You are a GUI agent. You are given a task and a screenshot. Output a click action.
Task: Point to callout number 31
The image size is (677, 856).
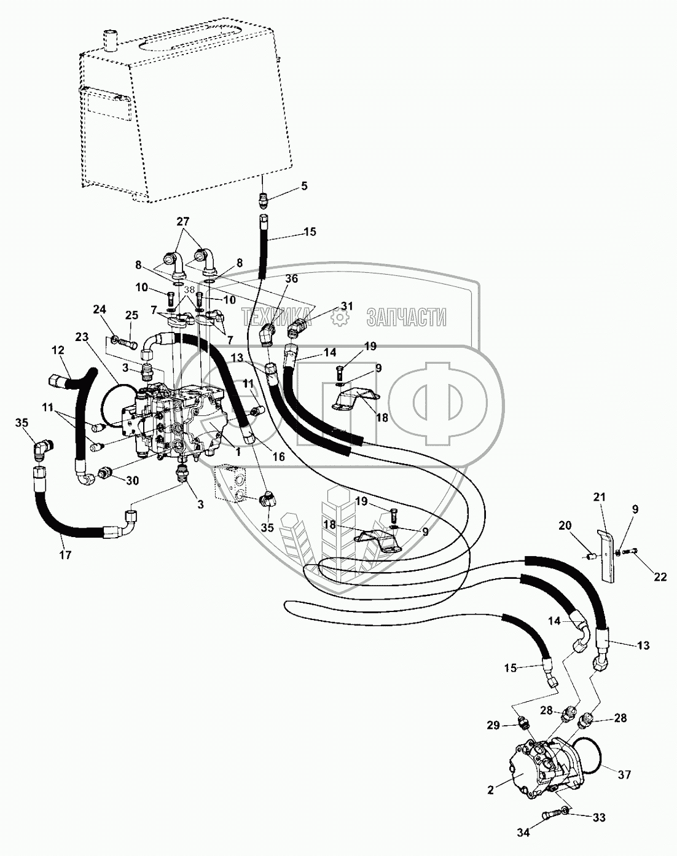point(347,307)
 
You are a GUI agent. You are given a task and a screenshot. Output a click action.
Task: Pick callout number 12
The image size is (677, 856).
point(58,350)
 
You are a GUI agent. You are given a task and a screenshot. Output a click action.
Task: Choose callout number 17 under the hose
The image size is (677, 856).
point(65,554)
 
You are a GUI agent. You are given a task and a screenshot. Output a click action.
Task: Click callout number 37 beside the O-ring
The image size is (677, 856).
point(624,776)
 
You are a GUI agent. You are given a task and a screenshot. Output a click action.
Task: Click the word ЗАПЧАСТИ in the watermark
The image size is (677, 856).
point(406,318)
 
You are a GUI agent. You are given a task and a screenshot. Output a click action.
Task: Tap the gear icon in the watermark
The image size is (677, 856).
point(337,318)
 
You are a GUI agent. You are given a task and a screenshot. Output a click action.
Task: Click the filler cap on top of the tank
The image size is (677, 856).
point(111,41)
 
